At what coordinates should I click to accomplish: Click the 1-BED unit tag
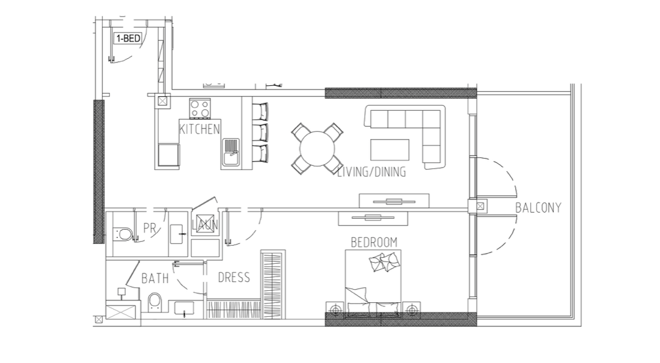[x=129, y=38]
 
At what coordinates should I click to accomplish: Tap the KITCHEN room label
[x=200, y=129]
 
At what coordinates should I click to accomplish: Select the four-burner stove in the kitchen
[x=200, y=108]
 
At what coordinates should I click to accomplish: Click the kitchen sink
[x=230, y=153]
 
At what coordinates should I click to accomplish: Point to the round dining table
[x=317, y=148]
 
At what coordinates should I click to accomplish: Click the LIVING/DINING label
[x=371, y=172]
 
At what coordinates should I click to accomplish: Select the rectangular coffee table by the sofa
[x=390, y=150]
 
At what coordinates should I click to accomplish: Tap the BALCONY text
[x=539, y=208]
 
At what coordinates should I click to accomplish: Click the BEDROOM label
[x=374, y=242]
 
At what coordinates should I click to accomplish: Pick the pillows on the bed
[x=384, y=262]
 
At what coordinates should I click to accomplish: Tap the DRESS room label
[x=234, y=277]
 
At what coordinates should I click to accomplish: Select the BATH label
[x=155, y=278]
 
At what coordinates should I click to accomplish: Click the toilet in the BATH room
[x=155, y=302]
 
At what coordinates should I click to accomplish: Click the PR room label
[x=150, y=228]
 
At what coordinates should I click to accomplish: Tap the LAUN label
[x=205, y=225]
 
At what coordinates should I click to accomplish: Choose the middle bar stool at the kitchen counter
[x=260, y=132]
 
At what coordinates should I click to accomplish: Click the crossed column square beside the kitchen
[x=162, y=101]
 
